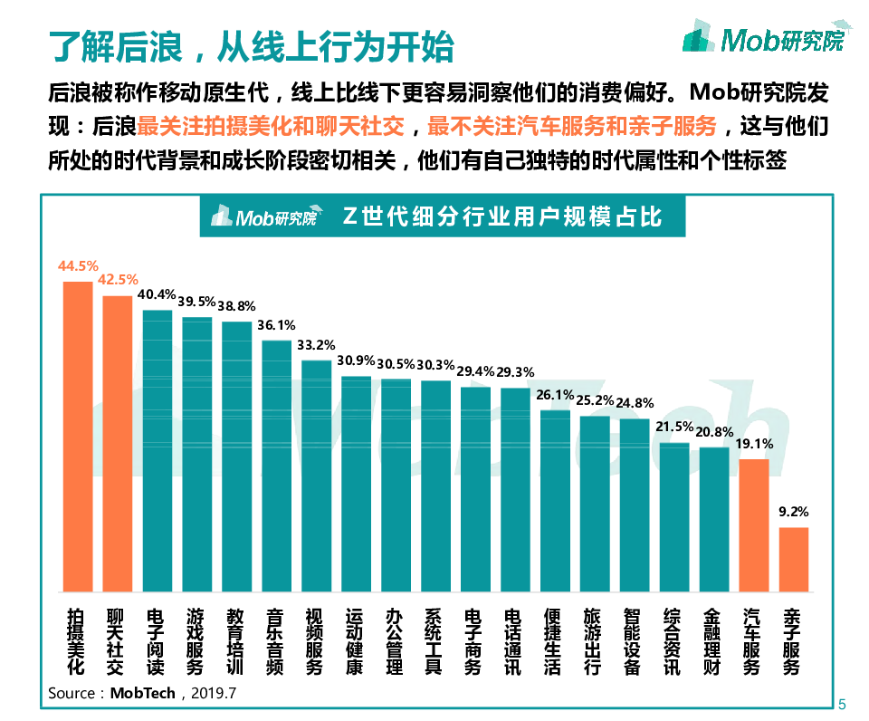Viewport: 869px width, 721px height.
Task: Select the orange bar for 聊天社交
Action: coord(117,444)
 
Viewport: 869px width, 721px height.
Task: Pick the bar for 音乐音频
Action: coord(276,466)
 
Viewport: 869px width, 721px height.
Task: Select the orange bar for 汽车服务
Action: coord(754,525)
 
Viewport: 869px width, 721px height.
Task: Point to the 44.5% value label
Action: coord(77,266)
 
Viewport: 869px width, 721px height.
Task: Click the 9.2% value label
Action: coord(794,512)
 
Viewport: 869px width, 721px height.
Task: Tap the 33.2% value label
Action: coord(316,345)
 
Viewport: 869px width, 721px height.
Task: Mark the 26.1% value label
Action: coord(555,395)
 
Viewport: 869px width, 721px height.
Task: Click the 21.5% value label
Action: coord(674,427)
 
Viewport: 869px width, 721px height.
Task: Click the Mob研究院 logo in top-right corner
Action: coord(763,38)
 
